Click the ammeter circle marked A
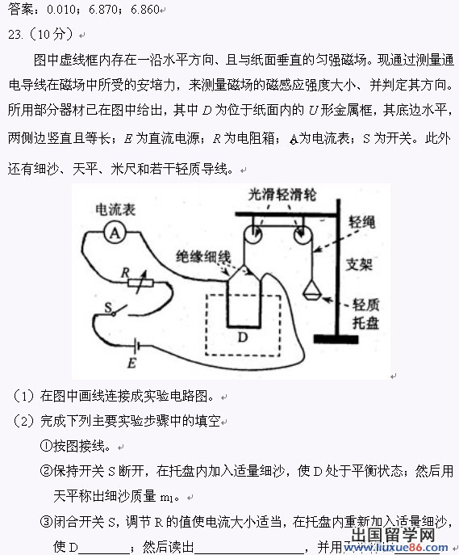pyautogui.click(x=115, y=233)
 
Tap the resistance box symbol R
pyautogui.click(x=140, y=283)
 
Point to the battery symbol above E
pyautogui.click(x=137, y=346)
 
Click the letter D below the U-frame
pyautogui.click(x=242, y=337)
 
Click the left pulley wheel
pyautogui.click(x=252, y=234)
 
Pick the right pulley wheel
pyautogui.click(x=303, y=234)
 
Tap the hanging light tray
pyautogui.click(x=312, y=290)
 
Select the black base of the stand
pyautogui.click(x=336, y=339)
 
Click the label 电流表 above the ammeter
pyautogui.click(x=115, y=209)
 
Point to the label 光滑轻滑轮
pyautogui.click(x=282, y=195)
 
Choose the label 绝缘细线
pyautogui.click(x=203, y=257)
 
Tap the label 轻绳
pyautogui.click(x=362, y=222)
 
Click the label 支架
pyautogui.click(x=359, y=264)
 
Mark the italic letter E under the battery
pyautogui.click(x=131, y=364)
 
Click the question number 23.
pyautogui.click(x=15, y=35)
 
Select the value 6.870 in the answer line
pyautogui.click(x=103, y=9)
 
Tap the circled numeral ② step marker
pyautogui.click(x=46, y=471)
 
